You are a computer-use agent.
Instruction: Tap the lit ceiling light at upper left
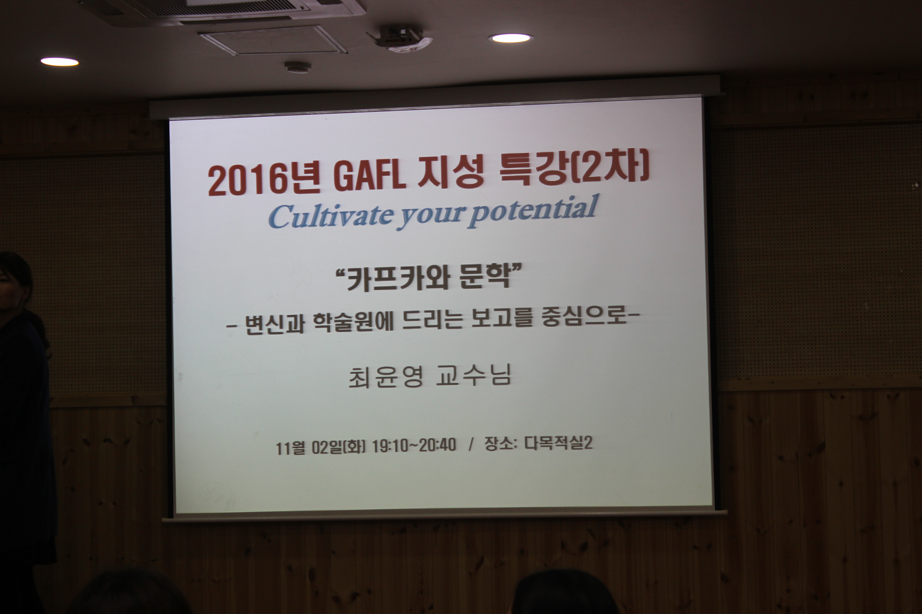click(x=60, y=61)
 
